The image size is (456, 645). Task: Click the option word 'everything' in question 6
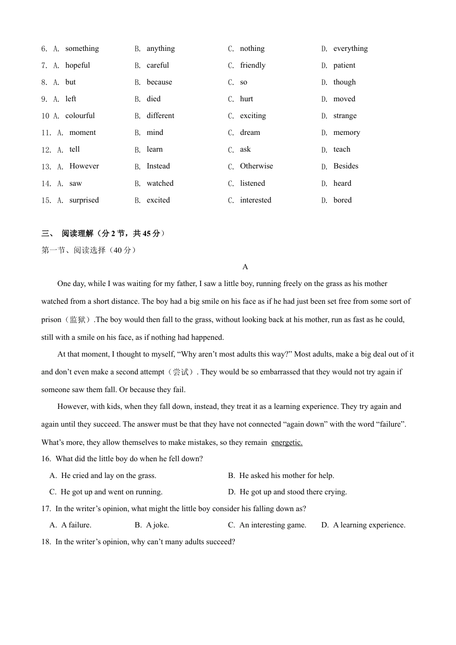(350, 48)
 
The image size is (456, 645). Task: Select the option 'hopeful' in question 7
(78, 65)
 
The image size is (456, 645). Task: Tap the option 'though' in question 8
(345, 82)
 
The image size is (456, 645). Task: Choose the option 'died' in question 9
(154, 99)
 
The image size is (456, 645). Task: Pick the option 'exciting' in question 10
(253, 116)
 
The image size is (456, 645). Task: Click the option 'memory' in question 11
(347, 132)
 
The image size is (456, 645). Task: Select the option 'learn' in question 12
(155, 149)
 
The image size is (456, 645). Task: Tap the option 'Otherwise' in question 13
(256, 166)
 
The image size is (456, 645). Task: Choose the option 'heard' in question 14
(342, 183)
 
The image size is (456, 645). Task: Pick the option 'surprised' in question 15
(84, 200)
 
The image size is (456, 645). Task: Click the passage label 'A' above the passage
(245, 267)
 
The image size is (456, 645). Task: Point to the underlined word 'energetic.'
(287, 442)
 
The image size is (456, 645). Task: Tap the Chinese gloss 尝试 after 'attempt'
(180, 372)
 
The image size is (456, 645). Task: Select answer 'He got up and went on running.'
(111, 492)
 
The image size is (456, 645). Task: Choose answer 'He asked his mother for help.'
(287, 476)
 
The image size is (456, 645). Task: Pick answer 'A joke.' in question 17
(157, 525)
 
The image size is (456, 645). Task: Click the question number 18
(46, 542)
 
